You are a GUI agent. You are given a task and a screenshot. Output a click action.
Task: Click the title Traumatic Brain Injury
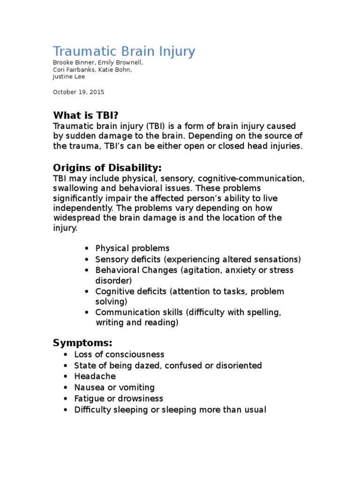[124, 51]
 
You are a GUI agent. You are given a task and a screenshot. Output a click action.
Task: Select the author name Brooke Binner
[73, 62]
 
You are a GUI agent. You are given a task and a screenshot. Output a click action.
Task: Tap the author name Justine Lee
[68, 76]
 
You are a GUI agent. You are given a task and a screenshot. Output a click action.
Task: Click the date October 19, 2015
[78, 92]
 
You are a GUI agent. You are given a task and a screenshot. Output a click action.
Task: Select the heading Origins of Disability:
[107, 168]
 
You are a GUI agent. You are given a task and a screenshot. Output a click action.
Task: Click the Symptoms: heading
[82, 343]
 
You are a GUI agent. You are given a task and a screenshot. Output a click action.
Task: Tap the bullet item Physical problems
[132, 248]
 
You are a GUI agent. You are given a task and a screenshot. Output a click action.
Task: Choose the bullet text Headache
[95, 376]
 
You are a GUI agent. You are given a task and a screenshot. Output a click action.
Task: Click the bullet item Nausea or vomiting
[114, 388]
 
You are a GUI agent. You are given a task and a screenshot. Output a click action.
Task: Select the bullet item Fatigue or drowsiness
[119, 399]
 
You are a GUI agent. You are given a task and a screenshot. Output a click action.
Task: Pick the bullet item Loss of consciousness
[119, 354]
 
